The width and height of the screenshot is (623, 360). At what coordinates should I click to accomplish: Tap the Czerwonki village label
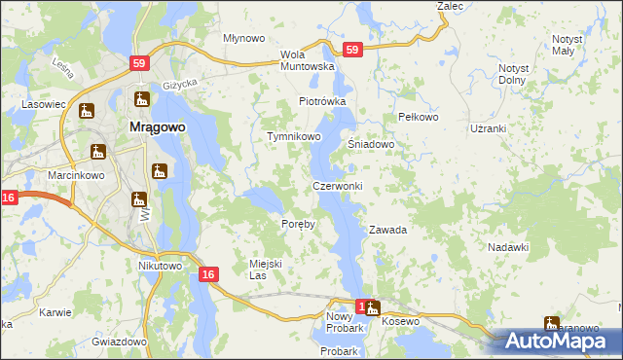click(x=337, y=186)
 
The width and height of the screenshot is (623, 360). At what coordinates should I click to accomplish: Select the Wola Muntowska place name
click(x=307, y=60)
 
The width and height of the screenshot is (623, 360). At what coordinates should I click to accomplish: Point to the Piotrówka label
click(x=322, y=101)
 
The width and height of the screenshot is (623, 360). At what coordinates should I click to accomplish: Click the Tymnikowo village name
click(x=294, y=137)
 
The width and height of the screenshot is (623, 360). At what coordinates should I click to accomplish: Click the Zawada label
click(x=386, y=231)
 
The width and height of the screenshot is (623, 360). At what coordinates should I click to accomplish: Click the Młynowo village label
click(x=243, y=39)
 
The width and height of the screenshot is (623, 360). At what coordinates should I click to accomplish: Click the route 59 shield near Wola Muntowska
click(x=352, y=50)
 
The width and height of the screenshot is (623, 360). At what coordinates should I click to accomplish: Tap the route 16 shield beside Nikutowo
click(x=207, y=275)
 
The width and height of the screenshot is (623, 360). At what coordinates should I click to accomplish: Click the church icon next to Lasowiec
click(x=87, y=111)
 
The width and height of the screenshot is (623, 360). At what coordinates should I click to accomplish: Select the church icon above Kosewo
click(x=372, y=309)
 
